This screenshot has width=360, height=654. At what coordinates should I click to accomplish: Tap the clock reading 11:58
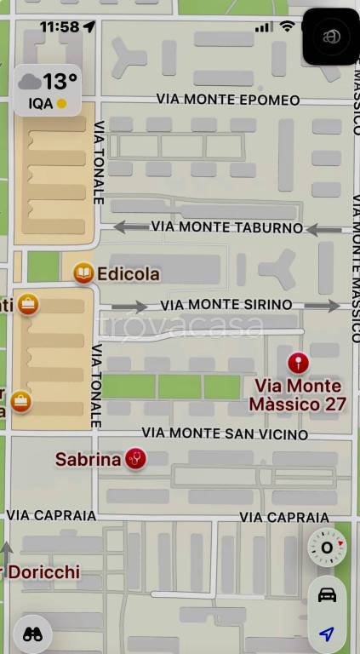coord(59,27)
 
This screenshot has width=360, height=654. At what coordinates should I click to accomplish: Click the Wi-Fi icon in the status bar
coord(287,26)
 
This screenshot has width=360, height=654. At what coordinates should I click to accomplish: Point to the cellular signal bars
coord(265,27)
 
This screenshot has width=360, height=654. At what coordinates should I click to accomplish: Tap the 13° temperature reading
coord(60,82)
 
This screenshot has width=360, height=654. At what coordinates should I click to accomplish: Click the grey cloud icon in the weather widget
coord(30,83)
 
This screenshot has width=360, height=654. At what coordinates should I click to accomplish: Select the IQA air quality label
coord(40,104)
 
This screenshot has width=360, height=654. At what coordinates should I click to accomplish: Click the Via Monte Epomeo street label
coord(228,100)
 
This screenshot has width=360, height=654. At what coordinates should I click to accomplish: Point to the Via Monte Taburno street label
coord(226,227)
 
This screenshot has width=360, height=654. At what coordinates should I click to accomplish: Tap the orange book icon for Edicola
coord(83,273)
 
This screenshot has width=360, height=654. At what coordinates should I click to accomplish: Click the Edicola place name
coord(129,274)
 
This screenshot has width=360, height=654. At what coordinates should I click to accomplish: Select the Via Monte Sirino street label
coord(226,304)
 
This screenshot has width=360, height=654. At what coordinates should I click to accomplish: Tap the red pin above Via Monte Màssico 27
coord(298,364)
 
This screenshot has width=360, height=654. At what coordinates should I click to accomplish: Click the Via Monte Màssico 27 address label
coord(298,394)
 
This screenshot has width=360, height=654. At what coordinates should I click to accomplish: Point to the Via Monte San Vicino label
coord(225,434)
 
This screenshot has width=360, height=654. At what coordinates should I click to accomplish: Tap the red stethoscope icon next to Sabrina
coord(135,459)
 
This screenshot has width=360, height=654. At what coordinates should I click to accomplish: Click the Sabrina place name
coord(88,460)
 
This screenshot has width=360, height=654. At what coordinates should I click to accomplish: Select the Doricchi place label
coord(43,571)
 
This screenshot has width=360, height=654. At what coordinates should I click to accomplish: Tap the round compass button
coord(327,548)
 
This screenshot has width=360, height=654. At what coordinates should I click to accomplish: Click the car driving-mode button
coord(327,594)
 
